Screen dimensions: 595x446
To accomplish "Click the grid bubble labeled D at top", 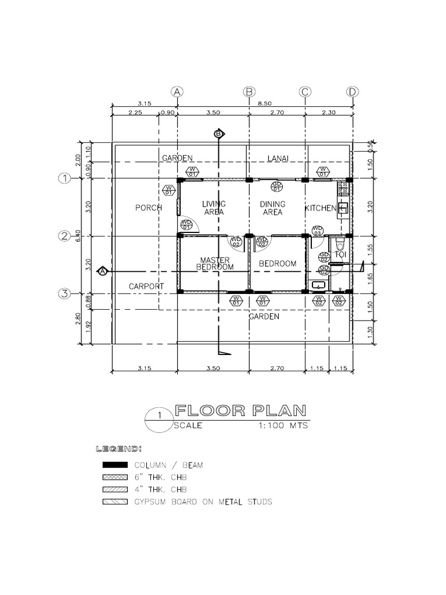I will point(352,92).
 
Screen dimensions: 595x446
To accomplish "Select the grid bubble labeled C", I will point(305,92).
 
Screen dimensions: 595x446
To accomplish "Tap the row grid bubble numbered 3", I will point(64,293).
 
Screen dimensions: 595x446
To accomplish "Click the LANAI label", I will point(278,158).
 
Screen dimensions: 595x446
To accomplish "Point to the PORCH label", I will point(148,208).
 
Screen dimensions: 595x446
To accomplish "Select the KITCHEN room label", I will point(320,208).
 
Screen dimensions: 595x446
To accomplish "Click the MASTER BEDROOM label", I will point(215,264).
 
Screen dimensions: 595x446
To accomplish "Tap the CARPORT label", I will point(146,286).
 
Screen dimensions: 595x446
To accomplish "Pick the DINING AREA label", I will point(272,208).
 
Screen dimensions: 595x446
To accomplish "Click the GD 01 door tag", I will point(276,186).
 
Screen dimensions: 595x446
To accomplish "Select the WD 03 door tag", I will point(317,231).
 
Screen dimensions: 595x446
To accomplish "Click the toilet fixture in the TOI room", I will point(339,241).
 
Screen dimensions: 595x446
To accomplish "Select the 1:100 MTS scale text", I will point(282,425).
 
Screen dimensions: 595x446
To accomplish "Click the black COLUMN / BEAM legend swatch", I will point(115,465).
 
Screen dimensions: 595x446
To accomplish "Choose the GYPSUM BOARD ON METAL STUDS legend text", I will point(203,501).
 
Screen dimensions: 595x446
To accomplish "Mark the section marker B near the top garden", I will point(219,134).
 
